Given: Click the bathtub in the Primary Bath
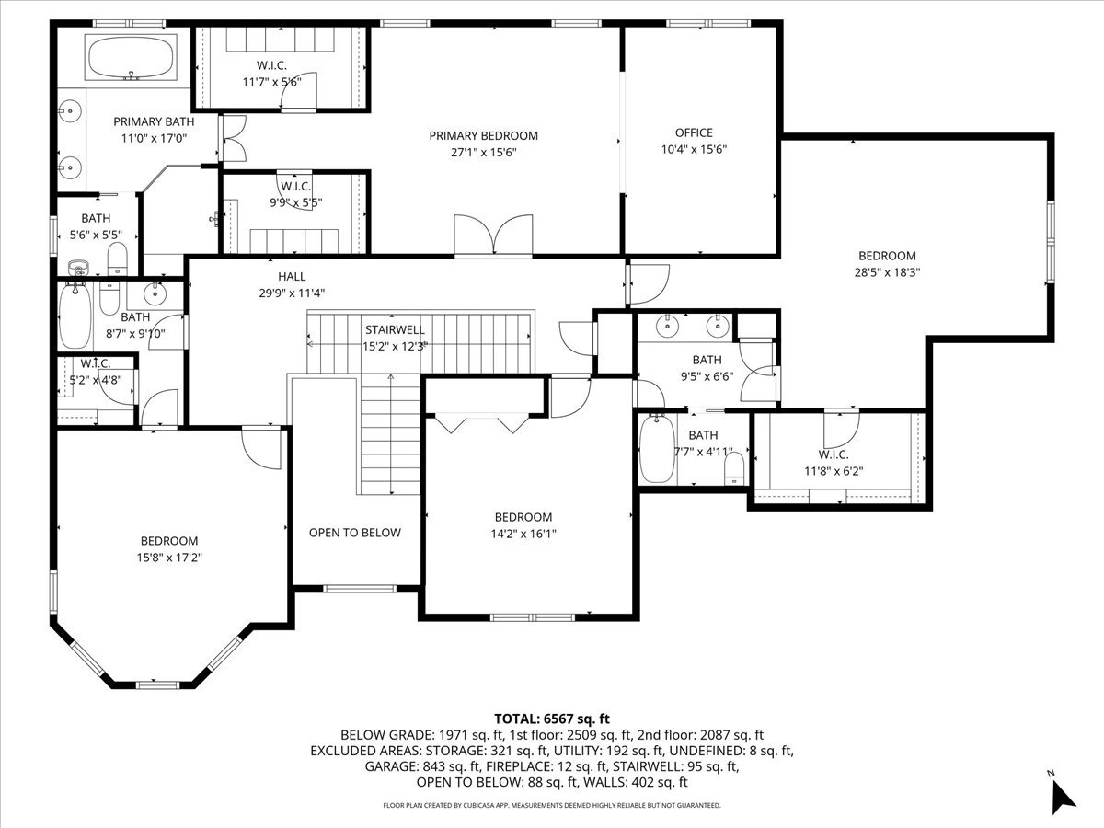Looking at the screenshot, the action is [x=131, y=57].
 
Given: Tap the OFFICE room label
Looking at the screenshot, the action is [x=694, y=132].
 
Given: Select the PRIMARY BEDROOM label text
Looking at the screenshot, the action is [x=483, y=136].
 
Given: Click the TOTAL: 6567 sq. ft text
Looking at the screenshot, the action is [x=552, y=719].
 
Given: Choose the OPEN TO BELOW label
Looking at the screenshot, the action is [x=354, y=533].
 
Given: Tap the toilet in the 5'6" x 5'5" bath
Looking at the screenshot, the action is [x=117, y=259].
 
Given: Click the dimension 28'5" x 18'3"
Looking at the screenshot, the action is [x=887, y=272].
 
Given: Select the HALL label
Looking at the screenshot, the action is [x=292, y=277].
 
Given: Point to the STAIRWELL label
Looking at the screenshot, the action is [x=395, y=329].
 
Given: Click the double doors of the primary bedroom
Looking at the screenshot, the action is [x=493, y=236].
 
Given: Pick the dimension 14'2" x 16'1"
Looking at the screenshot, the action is [x=523, y=534].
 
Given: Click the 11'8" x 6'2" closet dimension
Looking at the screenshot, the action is [x=834, y=471].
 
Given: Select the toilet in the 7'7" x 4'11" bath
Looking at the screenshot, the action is [x=734, y=468].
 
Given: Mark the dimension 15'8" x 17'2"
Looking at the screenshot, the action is [x=169, y=557].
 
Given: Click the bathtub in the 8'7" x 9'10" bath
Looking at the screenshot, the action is [x=75, y=316].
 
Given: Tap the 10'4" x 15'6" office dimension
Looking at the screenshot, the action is [x=694, y=149].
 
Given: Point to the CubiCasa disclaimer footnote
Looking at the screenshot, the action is [x=552, y=805].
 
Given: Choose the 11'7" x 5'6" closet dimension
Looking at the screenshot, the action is [x=272, y=82].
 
